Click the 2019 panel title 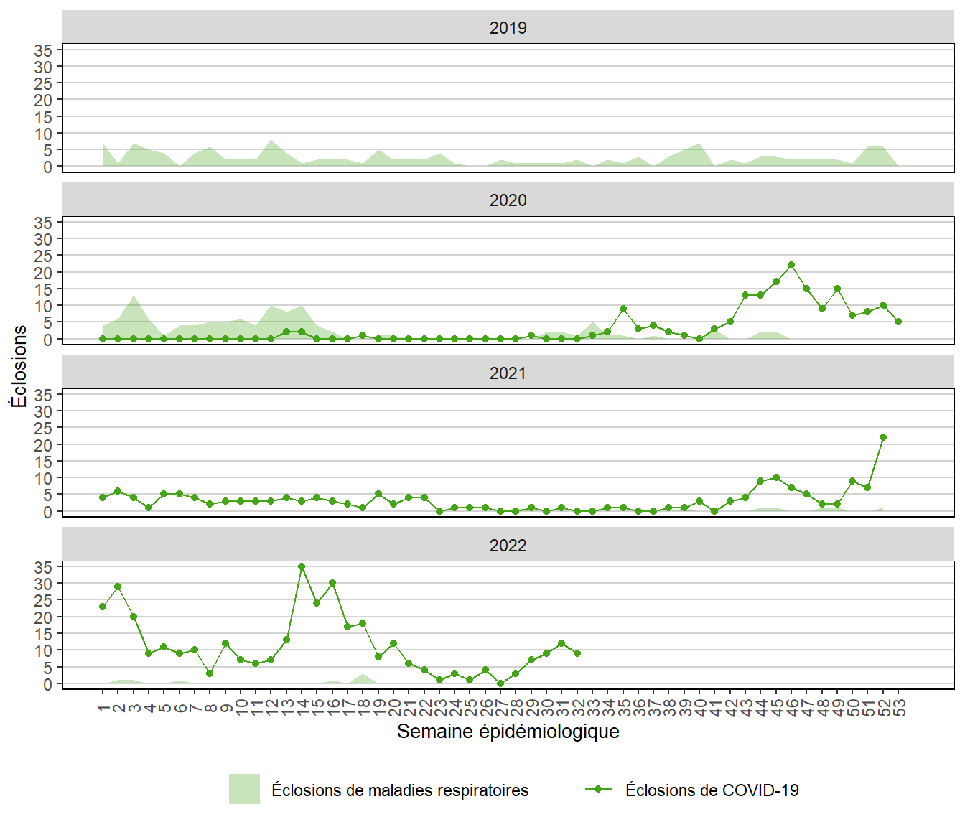click(x=508, y=28)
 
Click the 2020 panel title click(x=508, y=200)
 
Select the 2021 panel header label click(x=508, y=373)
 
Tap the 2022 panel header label click(x=508, y=546)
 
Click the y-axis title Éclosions click(x=19, y=366)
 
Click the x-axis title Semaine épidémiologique click(x=508, y=732)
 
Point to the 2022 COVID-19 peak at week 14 click(x=302, y=566)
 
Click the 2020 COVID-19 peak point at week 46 click(x=791, y=265)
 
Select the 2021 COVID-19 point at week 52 click(x=883, y=437)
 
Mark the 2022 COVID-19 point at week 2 click(x=118, y=587)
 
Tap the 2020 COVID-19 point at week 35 click(x=623, y=309)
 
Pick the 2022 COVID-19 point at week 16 click(x=332, y=583)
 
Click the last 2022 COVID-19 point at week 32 click(x=577, y=653)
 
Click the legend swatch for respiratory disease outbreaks click(x=244, y=790)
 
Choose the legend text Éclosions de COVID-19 click(x=712, y=790)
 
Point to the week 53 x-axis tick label click(x=899, y=708)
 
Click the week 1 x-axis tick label click(x=103, y=708)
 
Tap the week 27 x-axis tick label click(x=501, y=708)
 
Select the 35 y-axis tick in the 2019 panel click(x=43, y=50)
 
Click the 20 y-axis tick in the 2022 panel click(x=43, y=617)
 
